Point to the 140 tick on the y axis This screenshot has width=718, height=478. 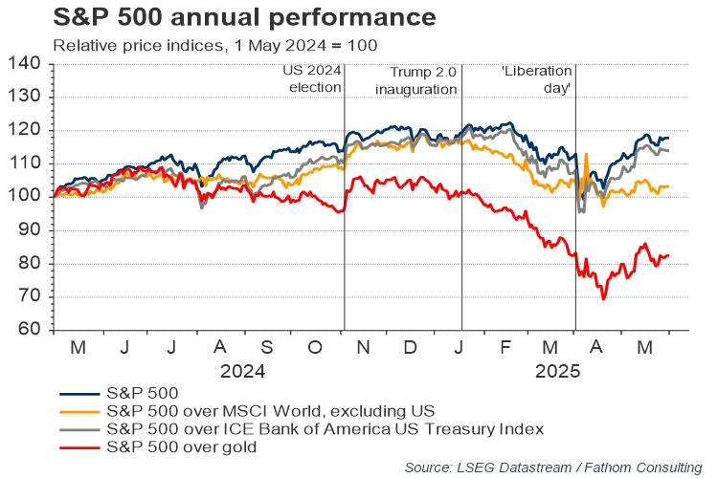click(x=26, y=64)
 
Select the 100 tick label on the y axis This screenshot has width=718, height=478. click(x=26, y=197)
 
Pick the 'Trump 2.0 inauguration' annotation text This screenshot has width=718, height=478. click(x=421, y=79)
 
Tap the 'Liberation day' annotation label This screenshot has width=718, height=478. click(x=537, y=79)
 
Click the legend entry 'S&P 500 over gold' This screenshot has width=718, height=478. click(x=181, y=445)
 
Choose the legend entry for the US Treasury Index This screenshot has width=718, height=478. click(x=325, y=427)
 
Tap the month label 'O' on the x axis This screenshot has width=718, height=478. click(x=317, y=347)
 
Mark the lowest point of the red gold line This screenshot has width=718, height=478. click(x=603, y=299)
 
